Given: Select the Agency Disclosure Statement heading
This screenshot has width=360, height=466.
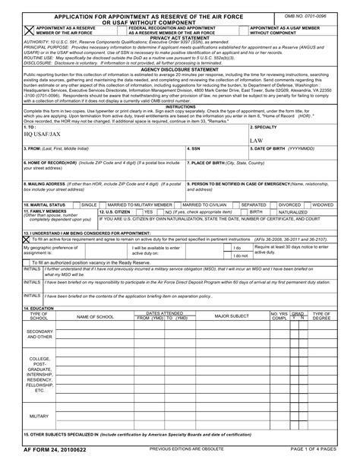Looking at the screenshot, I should pos(180,68).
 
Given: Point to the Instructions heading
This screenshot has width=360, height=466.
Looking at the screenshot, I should pos(180,107).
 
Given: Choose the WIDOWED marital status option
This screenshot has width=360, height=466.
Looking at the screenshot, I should pos(323,204).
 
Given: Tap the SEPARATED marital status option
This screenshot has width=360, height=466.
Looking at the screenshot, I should pos(254,204).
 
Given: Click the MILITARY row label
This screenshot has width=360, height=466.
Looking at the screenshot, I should pos(39,417).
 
